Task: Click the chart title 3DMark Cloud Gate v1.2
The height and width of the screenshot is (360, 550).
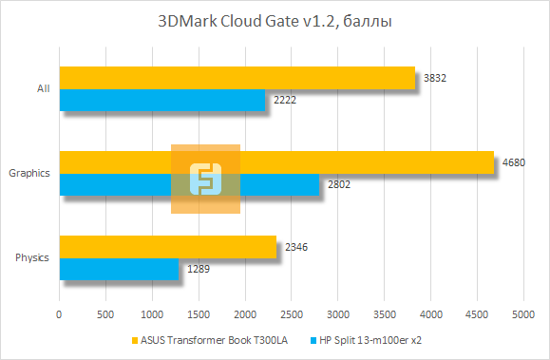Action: (x=275, y=21)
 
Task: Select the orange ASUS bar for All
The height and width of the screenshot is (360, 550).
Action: (x=237, y=78)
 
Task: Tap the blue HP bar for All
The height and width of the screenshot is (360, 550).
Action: (x=162, y=100)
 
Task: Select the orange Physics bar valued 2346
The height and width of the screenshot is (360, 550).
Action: (x=167, y=247)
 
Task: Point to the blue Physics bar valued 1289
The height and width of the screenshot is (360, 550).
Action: (x=119, y=269)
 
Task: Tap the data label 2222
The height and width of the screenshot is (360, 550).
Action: (x=283, y=100)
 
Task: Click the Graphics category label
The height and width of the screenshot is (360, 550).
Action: (x=28, y=174)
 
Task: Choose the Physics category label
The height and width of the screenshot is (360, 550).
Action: (x=32, y=258)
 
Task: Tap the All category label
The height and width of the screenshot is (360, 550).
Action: (x=43, y=89)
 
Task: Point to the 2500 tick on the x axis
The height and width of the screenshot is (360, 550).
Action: (x=291, y=313)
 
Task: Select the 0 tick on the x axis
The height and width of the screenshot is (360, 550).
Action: (x=60, y=313)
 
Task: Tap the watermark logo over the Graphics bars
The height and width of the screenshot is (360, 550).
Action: (x=205, y=179)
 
